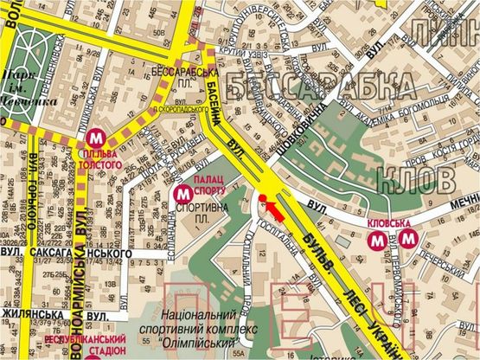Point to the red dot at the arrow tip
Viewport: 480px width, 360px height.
tap(260, 200)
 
